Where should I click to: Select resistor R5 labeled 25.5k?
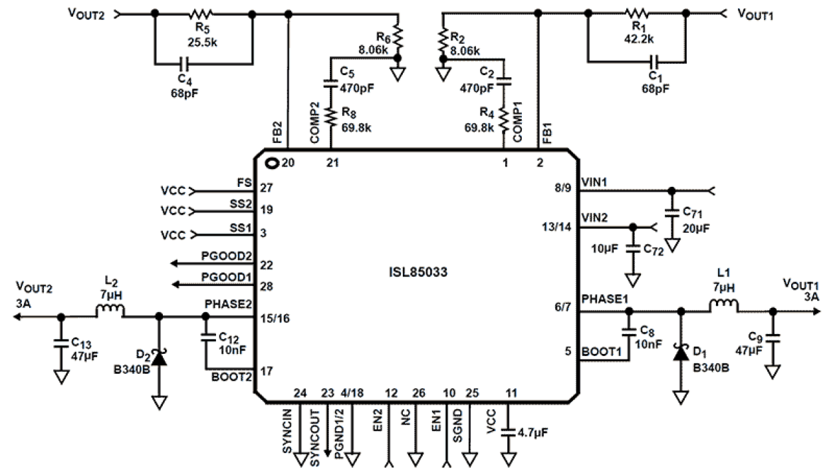point(203,13)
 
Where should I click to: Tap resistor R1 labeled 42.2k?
point(636,13)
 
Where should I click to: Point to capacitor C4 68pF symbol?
point(185,64)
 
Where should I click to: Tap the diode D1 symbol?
point(680,353)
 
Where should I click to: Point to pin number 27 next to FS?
point(267,188)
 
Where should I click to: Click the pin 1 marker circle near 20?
point(271,162)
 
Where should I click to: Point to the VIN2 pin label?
point(594,218)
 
